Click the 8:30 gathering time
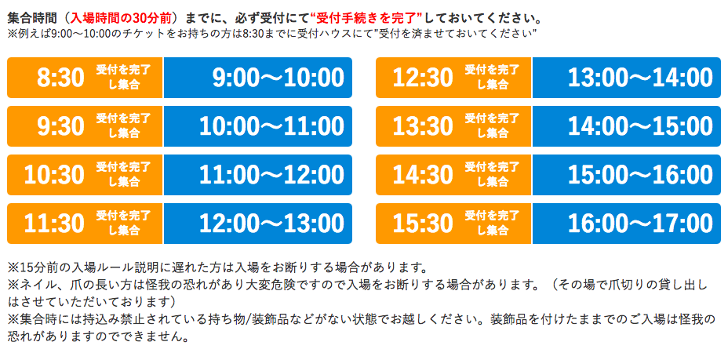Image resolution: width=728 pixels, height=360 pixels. (x=61, y=78)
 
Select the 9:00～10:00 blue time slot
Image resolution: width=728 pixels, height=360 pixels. (x=278, y=78)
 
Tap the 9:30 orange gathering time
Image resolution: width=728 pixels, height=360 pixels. (x=61, y=126)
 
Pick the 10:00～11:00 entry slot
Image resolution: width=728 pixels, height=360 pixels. (x=271, y=126)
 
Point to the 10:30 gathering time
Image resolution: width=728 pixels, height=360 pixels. (x=54, y=175)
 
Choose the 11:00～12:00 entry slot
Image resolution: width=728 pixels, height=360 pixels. (x=271, y=175)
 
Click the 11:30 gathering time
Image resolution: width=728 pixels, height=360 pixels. (x=54, y=224)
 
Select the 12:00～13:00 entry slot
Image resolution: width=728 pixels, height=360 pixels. (x=271, y=224)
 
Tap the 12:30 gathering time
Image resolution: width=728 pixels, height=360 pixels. (x=423, y=78)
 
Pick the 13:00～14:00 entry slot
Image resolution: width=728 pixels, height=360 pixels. (x=640, y=78)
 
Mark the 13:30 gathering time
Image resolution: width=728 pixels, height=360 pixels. (x=423, y=126)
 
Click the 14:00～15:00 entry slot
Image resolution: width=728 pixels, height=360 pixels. (x=640, y=126)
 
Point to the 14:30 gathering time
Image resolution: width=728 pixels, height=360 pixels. (x=423, y=175)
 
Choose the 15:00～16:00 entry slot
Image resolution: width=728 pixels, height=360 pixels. (x=640, y=175)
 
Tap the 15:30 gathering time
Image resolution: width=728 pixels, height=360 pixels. (x=423, y=224)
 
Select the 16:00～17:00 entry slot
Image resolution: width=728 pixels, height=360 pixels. (x=640, y=224)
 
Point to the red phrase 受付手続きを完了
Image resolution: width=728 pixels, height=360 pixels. (x=366, y=19)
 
